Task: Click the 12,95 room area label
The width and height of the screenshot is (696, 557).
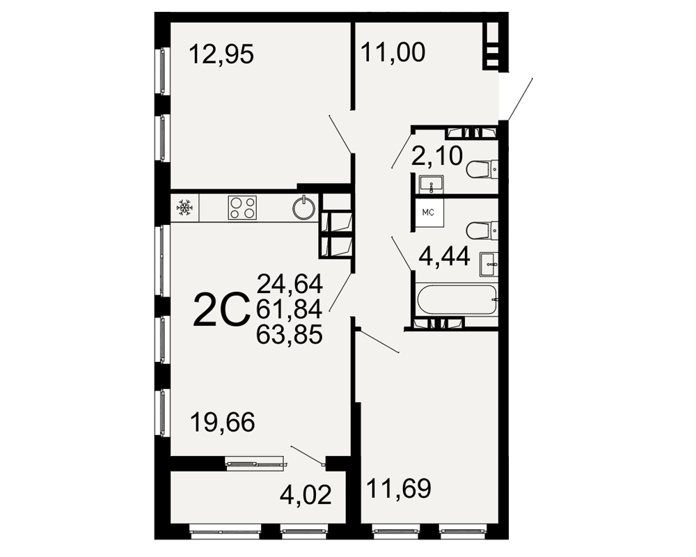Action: pos(221,54)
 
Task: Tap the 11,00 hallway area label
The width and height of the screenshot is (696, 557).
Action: pos(393,52)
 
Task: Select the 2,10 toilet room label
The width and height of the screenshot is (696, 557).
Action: pos(437,156)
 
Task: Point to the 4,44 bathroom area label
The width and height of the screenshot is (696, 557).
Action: pos(444,256)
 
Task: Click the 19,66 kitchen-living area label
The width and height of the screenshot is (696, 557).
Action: pos(223,422)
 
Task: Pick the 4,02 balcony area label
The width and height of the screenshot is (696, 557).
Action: pos(306,494)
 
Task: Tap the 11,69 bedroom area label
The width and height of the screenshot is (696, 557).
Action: pos(399,489)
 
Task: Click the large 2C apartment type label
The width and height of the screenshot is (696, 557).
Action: pos(221,310)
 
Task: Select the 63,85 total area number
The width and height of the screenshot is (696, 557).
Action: pos(290,334)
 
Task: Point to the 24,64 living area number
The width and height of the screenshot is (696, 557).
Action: pos(290,284)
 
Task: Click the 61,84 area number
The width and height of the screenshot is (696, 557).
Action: pos(290,309)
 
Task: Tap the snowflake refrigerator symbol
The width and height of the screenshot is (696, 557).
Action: pos(184,207)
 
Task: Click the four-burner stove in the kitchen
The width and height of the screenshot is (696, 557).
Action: pos(242,207)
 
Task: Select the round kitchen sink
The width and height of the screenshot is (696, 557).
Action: pos(304,207)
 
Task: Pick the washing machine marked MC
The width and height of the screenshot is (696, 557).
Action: pos(429,213)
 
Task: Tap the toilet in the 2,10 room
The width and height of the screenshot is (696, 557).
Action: pos(482,169)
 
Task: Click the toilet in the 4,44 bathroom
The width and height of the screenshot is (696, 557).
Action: pos(482,230)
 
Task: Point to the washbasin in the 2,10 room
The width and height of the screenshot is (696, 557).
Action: pos(431,185)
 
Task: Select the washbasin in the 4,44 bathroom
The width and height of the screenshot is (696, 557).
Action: pos(489,265)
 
